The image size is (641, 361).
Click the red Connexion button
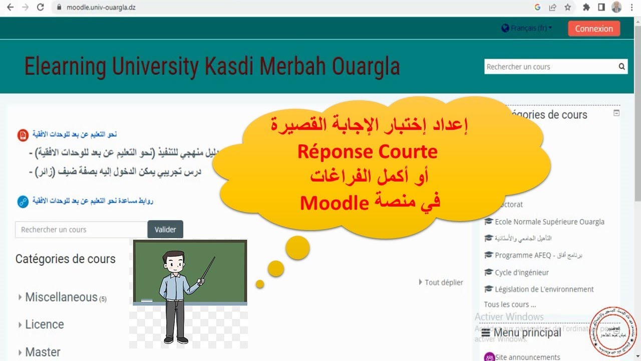594,29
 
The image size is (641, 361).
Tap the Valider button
165,230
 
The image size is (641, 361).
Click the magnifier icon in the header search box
621,66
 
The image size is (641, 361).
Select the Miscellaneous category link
61,297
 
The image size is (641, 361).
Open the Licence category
45,324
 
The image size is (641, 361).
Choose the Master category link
43,352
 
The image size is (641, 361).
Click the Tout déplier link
443,282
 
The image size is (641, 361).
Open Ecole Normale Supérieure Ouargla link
549,222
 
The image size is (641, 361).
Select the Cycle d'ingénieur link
521,272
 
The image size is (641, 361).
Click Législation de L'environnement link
544,289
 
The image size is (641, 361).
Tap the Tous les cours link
510,304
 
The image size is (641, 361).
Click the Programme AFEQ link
523,255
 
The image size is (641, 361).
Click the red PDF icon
23,135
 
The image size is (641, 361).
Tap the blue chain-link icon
23,202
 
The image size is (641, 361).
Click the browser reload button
41,8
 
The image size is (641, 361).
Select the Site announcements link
527,357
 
